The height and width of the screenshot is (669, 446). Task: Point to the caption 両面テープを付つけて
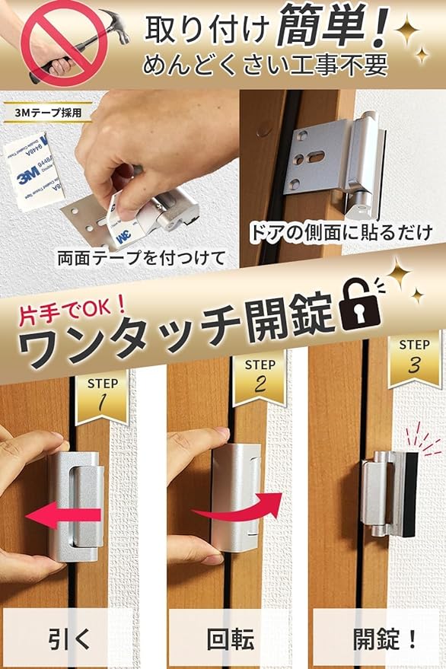[x=142, y=258]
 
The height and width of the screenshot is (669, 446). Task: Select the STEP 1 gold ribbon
[x=102, y=396]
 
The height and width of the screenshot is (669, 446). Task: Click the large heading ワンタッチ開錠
[x=175, y=335]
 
